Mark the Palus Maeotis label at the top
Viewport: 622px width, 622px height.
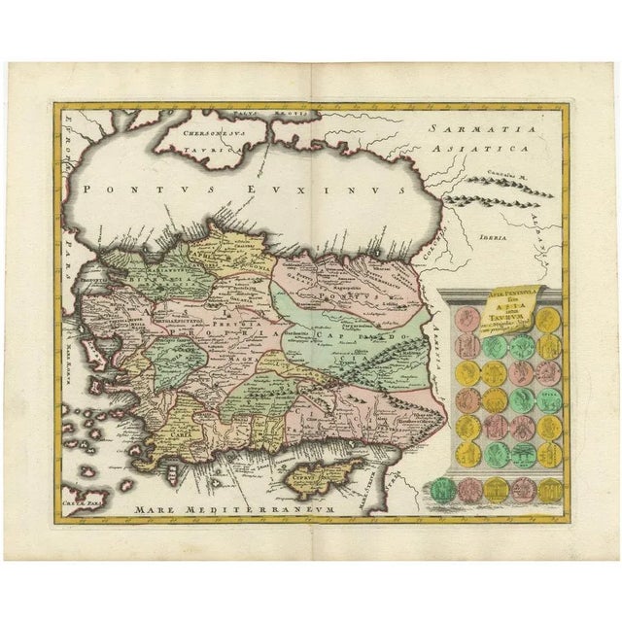pos(293,114)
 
